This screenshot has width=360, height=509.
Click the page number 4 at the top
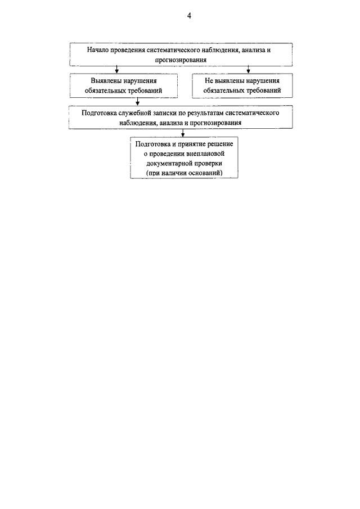pos(189,16)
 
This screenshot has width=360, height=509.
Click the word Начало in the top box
pos(98,50)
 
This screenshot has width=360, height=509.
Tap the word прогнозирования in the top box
pos(181,60)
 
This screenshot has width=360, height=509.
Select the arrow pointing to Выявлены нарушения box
pos(117,70)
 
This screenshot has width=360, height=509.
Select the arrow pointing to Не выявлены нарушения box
pos(248,70)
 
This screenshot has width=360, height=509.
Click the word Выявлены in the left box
pos(106,81)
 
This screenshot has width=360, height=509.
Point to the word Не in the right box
pos(208,81)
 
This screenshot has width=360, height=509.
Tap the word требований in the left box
pos(145,91)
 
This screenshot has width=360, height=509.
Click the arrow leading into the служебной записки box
pos(138,102)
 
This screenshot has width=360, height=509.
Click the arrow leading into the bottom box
pos(183,133)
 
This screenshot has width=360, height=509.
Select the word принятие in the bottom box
pos(192,144)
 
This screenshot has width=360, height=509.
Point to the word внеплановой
pos(206,154)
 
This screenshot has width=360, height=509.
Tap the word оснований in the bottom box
pos(206,173)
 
